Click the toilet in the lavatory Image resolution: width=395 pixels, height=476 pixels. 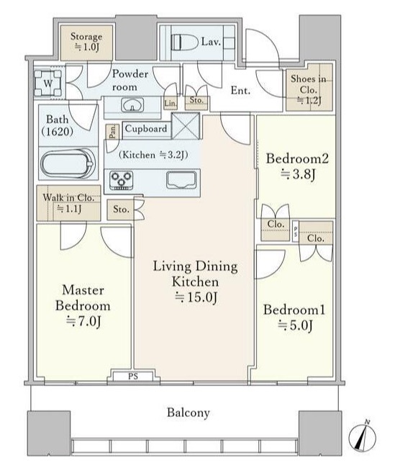point(184,42)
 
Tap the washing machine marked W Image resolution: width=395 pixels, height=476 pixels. point(48,84)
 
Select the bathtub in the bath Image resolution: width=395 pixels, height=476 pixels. point(68,163)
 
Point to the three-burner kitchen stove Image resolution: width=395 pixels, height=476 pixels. point(122,181)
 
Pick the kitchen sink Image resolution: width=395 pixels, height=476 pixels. point(181,180)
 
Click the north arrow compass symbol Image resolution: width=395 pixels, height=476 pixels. point(362,436)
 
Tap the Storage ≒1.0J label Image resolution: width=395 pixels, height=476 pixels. point(86,42)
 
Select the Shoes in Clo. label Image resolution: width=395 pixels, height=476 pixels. point(308,84)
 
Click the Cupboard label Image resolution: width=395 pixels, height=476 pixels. point(146,129)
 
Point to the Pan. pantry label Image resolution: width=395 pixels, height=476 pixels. point(112,132)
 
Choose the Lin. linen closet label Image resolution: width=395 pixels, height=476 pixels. point(171,104)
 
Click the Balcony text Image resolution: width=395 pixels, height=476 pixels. point(189,412)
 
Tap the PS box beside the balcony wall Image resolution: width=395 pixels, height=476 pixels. point(133,376)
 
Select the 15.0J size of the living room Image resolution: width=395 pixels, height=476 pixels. point(196,297)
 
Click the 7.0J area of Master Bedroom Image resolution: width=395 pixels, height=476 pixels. point(83,321)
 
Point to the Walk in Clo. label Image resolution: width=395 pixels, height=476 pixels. point(68,197)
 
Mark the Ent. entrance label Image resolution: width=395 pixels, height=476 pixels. point(240,90)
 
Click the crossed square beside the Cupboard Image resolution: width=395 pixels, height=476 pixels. point(186,126)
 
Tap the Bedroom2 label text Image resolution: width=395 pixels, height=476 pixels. point(297,158)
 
